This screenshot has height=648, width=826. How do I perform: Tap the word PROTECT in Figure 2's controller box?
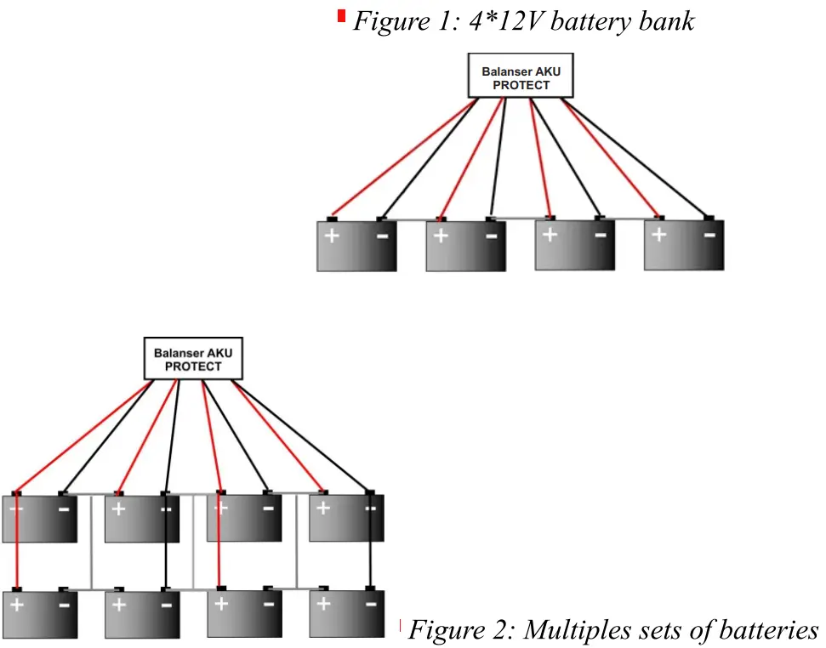point(193,367)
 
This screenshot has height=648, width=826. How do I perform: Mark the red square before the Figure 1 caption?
point(342,15)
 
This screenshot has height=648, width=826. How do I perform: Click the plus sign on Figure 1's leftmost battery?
point(332,235)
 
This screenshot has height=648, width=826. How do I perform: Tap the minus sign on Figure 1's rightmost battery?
point(709,235)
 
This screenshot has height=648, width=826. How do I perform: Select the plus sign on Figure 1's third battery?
point(550,235)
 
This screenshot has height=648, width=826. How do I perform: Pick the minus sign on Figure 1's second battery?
point(491,235)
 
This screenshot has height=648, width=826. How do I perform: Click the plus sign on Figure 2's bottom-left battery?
point(17,605)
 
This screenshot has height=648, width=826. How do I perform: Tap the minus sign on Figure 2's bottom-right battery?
point(370,605)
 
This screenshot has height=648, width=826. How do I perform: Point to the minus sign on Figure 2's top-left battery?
point(64,509)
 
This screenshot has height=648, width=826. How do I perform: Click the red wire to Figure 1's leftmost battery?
point(400,159)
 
